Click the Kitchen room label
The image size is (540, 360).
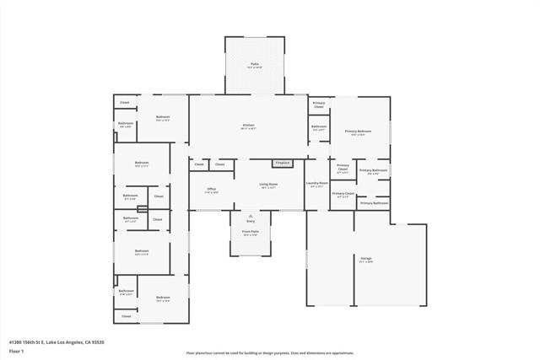click(x=248, y=125)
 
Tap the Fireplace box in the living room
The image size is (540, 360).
click(x=282, y=163)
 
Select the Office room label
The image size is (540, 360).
click(x=211, y=189)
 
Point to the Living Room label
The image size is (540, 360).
click(x=269, y=184)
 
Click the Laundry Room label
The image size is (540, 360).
click(x=317, y=183)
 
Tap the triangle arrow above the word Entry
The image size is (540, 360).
click(x=251, y=216)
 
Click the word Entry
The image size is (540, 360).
click(x=251, y=221)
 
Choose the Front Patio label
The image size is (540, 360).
click(x=251, y=231)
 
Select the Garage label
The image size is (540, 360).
click(x=366, y=258)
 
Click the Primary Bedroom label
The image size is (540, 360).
click(x=358, y=131)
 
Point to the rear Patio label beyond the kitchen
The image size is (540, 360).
click(x=254, y=63)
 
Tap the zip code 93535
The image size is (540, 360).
click(x=97, y=341)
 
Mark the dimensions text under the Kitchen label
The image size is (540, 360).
click(x=248, y=129)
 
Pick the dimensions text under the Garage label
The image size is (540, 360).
click(x=366, y=262)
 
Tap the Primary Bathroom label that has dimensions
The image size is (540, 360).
click(x=373, y=171)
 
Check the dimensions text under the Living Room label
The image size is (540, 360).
click(x=269, y=188)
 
